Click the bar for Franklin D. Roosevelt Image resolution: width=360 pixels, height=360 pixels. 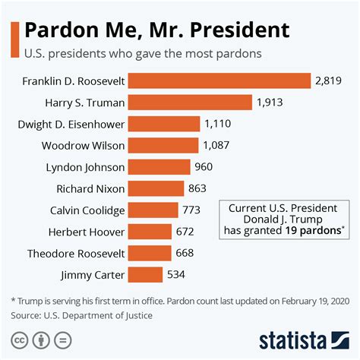pyautogui.click(x=219, y=81)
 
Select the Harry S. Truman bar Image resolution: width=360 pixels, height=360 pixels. pyautogui.click(x=190, y=102)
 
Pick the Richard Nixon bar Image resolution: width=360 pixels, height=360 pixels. pyautogui.click(x=156, y=188)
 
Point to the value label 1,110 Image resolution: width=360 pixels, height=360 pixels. pyautogui.click(x=218, y=124)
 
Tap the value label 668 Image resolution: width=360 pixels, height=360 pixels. pyautogui.click(x=185, y=253)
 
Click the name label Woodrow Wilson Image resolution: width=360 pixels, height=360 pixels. pyautogui.click(x=84, y=145)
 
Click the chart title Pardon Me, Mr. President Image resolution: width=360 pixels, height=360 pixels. pyautogui.click(x=157, y=30)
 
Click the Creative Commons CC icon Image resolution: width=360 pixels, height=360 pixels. pyautogui.click(x=17, y=339)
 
